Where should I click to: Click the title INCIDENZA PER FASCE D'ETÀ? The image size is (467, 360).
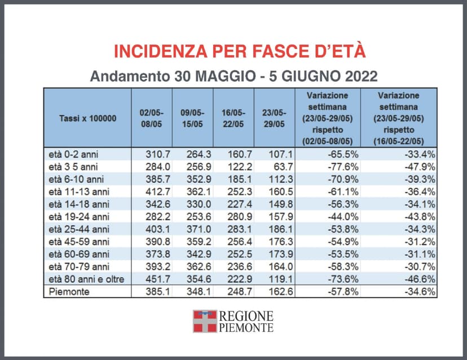coord(240,51)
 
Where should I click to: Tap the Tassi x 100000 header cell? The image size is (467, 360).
coord(87,118)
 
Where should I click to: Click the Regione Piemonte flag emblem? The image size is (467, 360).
coord(205,321)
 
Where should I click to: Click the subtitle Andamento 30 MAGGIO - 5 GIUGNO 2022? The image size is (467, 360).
coord(233,76)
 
